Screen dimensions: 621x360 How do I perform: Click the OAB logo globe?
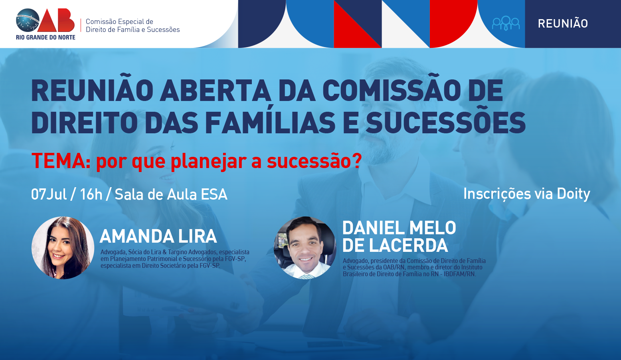tap(28, 20)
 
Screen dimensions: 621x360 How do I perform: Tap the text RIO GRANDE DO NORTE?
tap(46, 37)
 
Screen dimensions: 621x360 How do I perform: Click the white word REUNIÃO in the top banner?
tap(563, 23)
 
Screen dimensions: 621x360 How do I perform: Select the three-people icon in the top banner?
tap(506, 23)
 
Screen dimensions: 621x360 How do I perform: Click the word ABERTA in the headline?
tap(215, 91)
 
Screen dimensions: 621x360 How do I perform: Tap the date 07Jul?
tap(49, 194)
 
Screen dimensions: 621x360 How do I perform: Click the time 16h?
tap(91, 194)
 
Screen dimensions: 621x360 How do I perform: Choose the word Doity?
tap(574, 194)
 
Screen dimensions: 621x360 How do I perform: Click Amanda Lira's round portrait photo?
tap(63, 248)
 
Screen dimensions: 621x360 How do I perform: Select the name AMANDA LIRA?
tap(158, 236)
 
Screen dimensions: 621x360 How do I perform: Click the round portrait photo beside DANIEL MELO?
tap(305, 248)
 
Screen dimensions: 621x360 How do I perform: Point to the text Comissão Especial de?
tap(119, 22)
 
